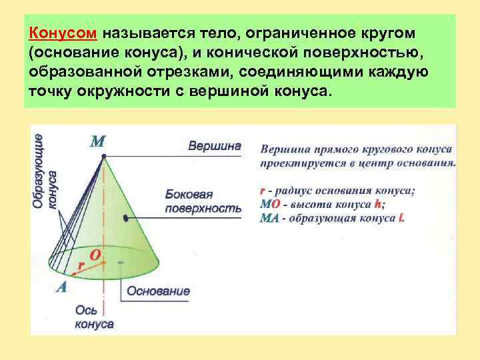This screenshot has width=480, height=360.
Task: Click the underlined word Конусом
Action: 65,33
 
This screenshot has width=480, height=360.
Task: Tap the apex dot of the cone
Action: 104,157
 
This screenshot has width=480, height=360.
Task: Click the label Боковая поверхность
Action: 203,201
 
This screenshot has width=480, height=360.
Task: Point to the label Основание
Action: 158,291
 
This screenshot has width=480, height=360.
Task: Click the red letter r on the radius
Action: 81,265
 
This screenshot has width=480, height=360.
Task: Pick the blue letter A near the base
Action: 62,287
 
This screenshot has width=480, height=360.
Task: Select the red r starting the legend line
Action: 262,190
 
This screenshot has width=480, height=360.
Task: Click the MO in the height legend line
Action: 270,204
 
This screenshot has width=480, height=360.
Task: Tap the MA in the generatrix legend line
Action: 270,218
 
